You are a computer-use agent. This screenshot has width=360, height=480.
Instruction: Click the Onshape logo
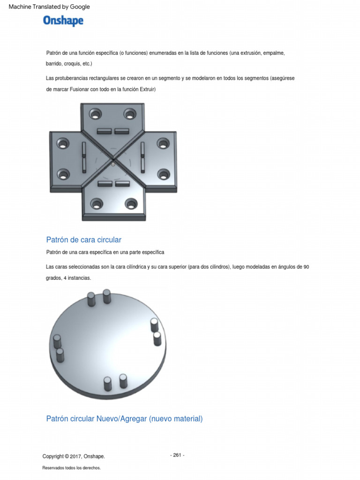click(x=63, y=21)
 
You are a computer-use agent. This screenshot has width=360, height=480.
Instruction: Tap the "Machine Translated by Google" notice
click(x=49, y=7)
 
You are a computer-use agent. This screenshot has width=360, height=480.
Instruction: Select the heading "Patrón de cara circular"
click(x=83, y=240)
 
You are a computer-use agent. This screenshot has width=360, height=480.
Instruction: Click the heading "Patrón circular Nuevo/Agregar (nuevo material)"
click(x=124, y=419)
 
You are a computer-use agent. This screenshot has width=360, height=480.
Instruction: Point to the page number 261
click(x=177, y=455)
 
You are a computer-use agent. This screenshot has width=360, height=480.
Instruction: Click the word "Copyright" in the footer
click(x=53, y=457)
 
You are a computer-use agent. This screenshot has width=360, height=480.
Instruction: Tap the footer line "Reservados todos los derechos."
click(x=71, y=468)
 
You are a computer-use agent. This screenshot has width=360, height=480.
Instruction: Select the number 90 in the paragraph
click(x=306, y=267)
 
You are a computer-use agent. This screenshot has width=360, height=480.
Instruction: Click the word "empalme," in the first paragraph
click(x=274, y=53)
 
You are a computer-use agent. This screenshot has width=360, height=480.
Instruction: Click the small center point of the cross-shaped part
click(x=113, y=165)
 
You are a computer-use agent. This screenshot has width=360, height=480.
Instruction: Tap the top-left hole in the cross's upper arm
click(x=96, y=114)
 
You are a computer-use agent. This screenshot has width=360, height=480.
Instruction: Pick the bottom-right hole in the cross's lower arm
click(x=131, y=203)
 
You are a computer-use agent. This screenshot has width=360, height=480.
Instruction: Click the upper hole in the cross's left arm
click(x=63, y=143)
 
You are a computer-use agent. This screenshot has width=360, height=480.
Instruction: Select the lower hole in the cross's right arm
click(x=164, y=174)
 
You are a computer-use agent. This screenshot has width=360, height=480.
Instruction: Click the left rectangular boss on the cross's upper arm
click(x=104, y=131)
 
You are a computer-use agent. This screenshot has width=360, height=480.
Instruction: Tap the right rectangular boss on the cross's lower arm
click(x=122, y=184)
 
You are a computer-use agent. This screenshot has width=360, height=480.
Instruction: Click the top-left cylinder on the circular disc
click(x=91, y=299)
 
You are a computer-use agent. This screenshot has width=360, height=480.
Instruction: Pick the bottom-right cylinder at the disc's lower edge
click(x=123, y=381)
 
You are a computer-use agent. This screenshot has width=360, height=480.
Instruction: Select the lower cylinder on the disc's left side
click(x=60, y=355)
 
